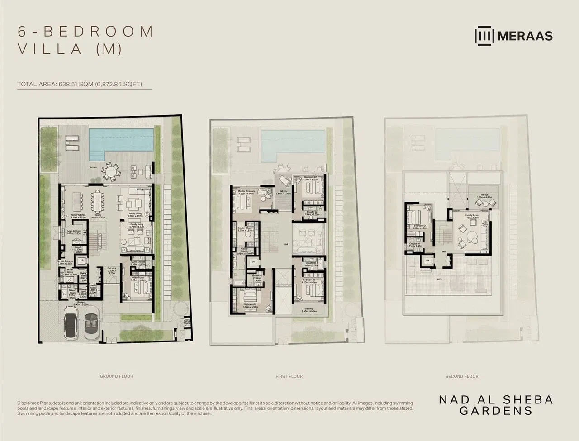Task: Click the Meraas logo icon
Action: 484,36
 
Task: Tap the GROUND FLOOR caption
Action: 116,376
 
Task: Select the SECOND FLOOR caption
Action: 462,376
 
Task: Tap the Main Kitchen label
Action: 74,231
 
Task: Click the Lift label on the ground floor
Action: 82,261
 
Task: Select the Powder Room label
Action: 93,288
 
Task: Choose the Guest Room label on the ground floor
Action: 137,280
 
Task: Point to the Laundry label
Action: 79,249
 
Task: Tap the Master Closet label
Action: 245,229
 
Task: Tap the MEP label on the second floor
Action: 439,280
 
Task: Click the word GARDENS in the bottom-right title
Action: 496,411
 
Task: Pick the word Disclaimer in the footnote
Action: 28,403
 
